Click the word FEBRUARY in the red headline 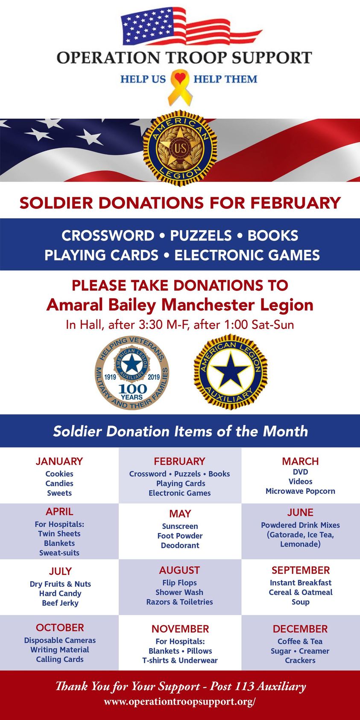pyautogui.click(x=295, y=203)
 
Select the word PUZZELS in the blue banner pyautogui.click(x=201, y=235)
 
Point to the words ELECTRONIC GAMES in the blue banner pyautogui.click(x=247, y=255)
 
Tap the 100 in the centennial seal pyautogui.click(x=133, y=389)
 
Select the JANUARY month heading pyautogui.click(x=59, y=461)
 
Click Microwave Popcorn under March pyautogui.click(x=300, y=491)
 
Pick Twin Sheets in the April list pyautogui.click(x=59, y=533)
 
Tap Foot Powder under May pyautogui.click(x=180, y=536)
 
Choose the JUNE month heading pyautogui.click(x=300, y=512)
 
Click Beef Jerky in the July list pyautogui.click(x=60, y=603)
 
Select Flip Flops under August pyautogui.click(x=179, y=583)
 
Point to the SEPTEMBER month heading pyautogui.click(x=301, y=570)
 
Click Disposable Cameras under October pyautogui.click(x=60, y=640)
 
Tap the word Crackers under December pyautogui.click(x=300, y=661)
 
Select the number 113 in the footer pyautogui.click(x=244, y=686)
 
